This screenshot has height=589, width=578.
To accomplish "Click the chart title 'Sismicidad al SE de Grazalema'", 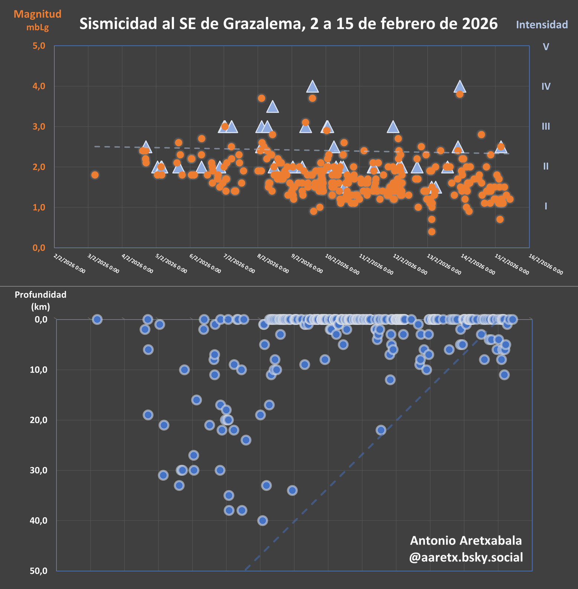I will [x=288, y=24].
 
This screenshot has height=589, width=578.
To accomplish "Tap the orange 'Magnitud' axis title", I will [x=38, y=14].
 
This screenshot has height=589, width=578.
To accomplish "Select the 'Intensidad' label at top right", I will [x=542, y=25].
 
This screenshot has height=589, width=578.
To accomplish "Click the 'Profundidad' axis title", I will [x=40, y=295].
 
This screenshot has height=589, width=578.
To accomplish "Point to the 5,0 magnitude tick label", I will [x=39, y=46].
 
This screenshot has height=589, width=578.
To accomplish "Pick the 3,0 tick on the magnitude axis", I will [x=39, y=127].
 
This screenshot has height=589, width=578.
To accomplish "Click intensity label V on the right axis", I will [x=546, y=47].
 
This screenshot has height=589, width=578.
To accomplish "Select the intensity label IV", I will [x=546, y=86].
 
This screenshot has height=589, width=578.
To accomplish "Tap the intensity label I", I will [x=546, y=206].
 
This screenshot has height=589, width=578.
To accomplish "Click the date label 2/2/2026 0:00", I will [x=69, y=264].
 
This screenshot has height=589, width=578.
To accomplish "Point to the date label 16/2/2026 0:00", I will [x=546, y=264].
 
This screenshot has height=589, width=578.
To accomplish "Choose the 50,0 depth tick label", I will [x=39, y=571].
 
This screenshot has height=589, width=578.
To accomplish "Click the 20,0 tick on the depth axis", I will [x=39, y=420].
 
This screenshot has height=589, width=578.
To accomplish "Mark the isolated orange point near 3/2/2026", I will [x=95, y=175].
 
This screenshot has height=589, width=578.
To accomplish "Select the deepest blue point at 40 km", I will [x=263, y=520].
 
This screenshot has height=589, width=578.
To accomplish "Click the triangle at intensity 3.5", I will [x=273, y=107].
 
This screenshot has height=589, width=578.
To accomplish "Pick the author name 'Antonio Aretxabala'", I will [x=466, y=540].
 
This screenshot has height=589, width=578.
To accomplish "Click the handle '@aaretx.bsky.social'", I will [x=466, y=557].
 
